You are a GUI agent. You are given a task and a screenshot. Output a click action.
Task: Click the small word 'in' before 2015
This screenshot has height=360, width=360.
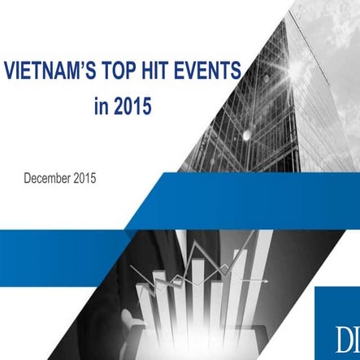(103, 105)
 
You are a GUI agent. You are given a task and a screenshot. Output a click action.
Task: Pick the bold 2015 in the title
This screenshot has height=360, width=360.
(134, 105)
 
